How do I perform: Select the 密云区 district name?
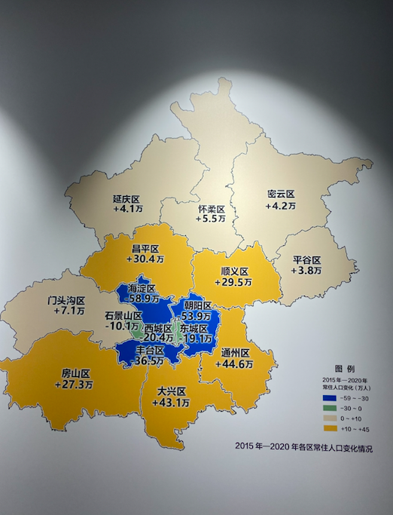[281, 194]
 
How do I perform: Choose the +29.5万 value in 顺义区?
[235, 282]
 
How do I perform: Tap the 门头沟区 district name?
[66, 300]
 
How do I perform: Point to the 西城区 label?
[158, 329]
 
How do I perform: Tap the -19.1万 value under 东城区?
[198, 339]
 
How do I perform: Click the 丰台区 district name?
[151, 351]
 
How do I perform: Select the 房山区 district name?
[75, 373]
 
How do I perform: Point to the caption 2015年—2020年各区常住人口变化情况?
[303, 448]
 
